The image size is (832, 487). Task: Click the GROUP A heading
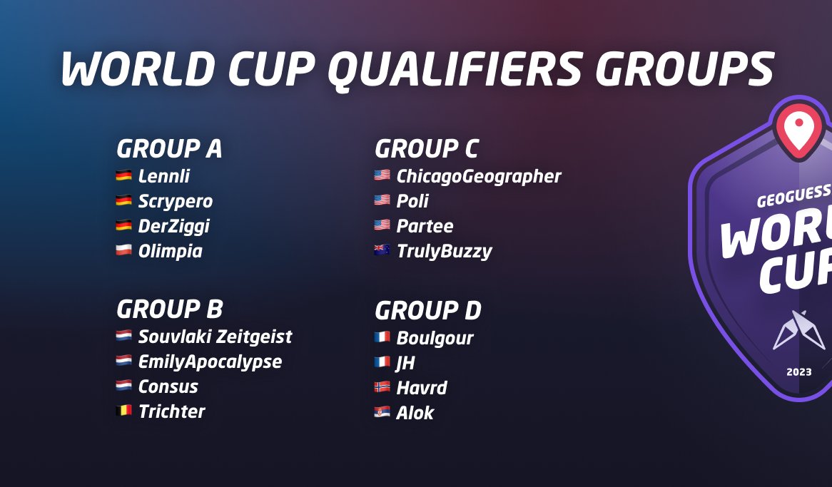pyautogui.click(x=169, y=150)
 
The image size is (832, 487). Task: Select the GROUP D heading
pyautogui.click(x=428, y=312)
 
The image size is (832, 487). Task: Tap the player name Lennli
pyautogui.click(x=164, y=176)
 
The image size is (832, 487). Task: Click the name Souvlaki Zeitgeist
pyautogui.click(x=215, y=337)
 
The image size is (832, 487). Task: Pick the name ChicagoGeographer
pyautogui.click(x=479, y=176)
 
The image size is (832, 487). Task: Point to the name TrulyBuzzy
pyautogui.click(x=444, y=251)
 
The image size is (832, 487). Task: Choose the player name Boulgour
pyautogui.click(x=435, y=338)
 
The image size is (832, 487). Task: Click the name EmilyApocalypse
pyautogui.click(x=210, y=362)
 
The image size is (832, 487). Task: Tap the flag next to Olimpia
pyautogui.click(x=123, y=250)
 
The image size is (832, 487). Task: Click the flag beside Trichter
pyautogui.click(x=123, y=411)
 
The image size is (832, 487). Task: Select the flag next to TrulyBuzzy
pyautogui.click(x=382, y=250)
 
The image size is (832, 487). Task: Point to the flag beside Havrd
pyautogui.click(x=382, y=387)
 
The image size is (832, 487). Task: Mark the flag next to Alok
pyautogui.click(x=382, y=412)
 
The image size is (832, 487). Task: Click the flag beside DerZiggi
pyautogui.click(x=123, y=225)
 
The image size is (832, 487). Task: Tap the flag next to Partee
pyautogui.click(x=382, y=225)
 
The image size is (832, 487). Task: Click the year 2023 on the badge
pyautogui.click(x=798, y=371)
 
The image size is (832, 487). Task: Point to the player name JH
pyautogui.click(x=405, y=363)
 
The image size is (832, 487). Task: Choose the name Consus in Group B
pyautogui.click(x=168, y=386)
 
